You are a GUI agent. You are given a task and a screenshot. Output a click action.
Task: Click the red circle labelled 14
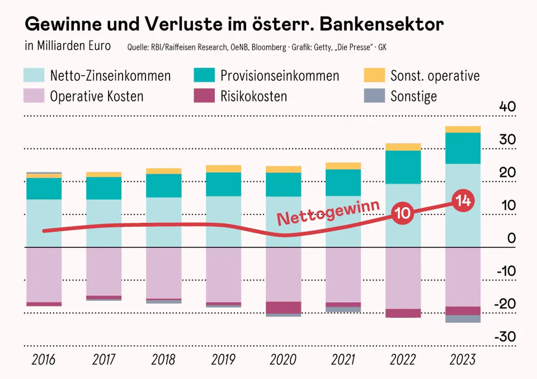(x=463, y=201)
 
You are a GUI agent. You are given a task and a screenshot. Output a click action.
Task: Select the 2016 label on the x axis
(x=44, y=359)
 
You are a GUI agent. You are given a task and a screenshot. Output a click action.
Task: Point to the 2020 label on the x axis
(x=283, y=359)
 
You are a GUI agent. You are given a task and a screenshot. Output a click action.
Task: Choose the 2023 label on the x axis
(x=463, y=359)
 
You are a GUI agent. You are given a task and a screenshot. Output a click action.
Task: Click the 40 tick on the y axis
(x=507, y=107)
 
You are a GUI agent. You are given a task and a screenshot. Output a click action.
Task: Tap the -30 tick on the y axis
(x=506, y=336)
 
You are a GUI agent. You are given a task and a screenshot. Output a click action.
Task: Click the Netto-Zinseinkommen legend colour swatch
(x=34, y=75)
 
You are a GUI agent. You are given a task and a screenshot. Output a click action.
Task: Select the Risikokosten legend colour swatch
(x=204, y=95)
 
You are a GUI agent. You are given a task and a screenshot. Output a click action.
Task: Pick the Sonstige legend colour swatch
(x=375, y=95)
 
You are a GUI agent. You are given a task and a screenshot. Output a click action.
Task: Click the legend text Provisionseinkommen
(x=280, y=75)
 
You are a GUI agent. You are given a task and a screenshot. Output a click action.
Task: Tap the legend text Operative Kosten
(x=97, y=96)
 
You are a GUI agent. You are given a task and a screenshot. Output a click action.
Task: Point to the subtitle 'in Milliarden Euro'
(x=68, y=47)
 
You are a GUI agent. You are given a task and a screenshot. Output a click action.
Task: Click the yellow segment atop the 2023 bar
(x=463, y=129)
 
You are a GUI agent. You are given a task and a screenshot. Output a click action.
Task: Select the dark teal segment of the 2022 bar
(x=403, y=167)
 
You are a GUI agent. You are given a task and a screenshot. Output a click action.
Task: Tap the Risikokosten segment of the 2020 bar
(x=283, y=307)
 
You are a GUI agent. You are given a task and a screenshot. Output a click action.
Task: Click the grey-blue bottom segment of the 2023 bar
(x=463, y=319)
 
